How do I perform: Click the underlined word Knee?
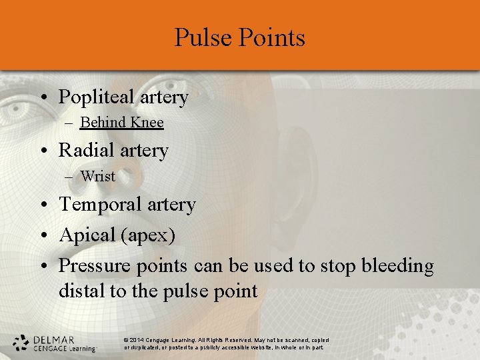pyautogui.click(x=147, y=123)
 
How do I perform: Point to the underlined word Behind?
pyautogui.click(x=103, y=123)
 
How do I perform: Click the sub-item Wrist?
pyautogui.click(x=97, y=177)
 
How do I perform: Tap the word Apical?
pyautogui.click(x=87, y=235)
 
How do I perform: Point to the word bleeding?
pyautogui.click(x=397, y=266)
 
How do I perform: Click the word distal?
pyautogui.click(x=79, y=291)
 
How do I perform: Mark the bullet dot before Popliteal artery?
pyautogui.click(x=43, y=98)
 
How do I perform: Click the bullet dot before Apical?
pyautogui.click(x=43, y=236)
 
